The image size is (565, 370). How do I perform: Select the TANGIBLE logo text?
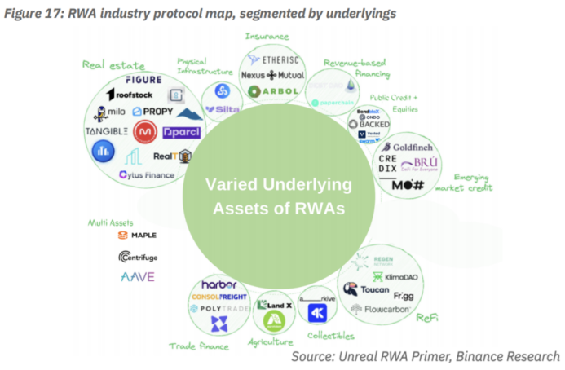tap(107, 130)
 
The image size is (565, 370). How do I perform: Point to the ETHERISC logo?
tap(276, 59)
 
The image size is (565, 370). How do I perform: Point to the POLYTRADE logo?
tap(218, 311)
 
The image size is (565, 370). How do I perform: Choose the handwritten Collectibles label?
tap(331, 335)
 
